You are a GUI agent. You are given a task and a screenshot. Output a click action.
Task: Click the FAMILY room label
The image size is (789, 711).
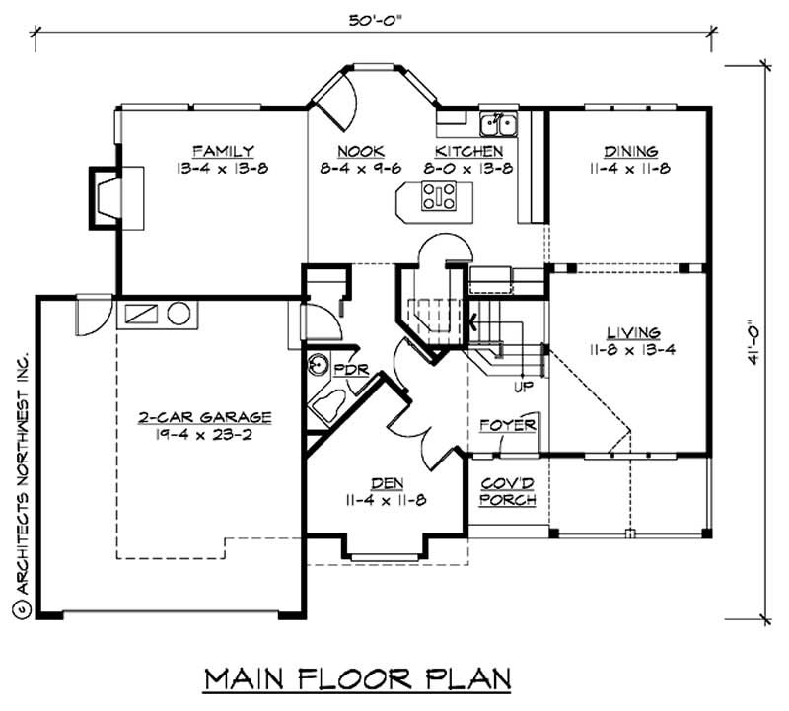[x=223, y=151]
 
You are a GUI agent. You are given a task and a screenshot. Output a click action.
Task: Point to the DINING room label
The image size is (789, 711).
[x=630, y=151]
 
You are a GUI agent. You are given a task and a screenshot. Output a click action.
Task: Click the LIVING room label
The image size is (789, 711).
[x=633, y=332]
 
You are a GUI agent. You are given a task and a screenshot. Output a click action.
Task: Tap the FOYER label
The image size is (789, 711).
[x=508, y=425]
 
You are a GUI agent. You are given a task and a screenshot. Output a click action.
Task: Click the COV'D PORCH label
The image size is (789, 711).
[x=508, y=492]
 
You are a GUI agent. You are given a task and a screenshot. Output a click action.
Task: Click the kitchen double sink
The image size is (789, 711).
[x=500, y=124]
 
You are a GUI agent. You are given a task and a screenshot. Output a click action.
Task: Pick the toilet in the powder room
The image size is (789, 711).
[x=324, y=404]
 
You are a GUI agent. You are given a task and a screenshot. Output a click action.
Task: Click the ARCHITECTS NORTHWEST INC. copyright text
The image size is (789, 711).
[x=21, y=482]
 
